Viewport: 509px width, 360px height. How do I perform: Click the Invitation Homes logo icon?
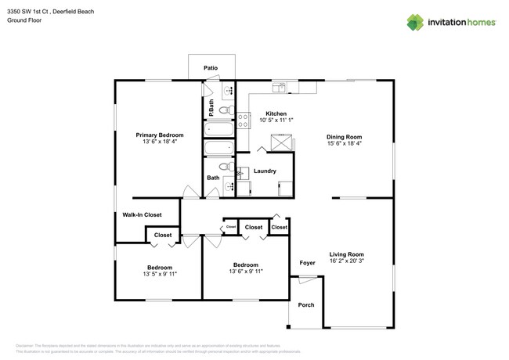(x=415, y=22)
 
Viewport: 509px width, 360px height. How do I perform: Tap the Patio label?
(x=211, y=68)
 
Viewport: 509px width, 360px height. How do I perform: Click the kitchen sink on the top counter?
(x=280, y=85)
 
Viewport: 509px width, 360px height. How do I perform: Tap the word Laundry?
(x=265, y=170)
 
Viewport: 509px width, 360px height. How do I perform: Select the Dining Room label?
(x=344, y=136)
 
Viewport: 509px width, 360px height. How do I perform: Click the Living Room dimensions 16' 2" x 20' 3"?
(x=346, y=261)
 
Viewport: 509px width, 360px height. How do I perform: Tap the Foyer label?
(x=307, y=262)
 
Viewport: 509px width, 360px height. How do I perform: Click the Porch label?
(x=306, y=304)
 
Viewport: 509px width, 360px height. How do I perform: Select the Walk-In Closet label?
(x=142, y=214)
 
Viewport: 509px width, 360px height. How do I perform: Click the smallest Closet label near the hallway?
(x=231, y=228)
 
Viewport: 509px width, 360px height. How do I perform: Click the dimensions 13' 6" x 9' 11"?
(x=245, y=272)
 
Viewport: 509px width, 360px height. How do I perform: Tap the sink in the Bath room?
(x=229, y=185)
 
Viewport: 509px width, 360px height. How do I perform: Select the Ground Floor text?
(x=24, y=21)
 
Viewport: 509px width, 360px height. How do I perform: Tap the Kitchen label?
(x=276, y=113)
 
